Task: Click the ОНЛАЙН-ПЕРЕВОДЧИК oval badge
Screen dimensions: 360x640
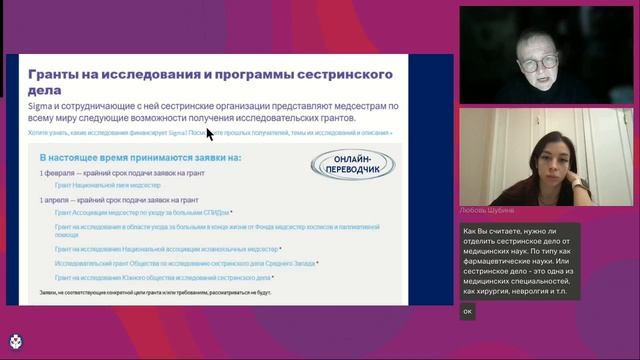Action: [354, 165]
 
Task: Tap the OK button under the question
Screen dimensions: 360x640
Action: [467, 311]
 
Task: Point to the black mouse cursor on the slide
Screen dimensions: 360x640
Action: [210, 133]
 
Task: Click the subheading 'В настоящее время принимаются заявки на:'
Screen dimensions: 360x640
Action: [141, 158]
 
